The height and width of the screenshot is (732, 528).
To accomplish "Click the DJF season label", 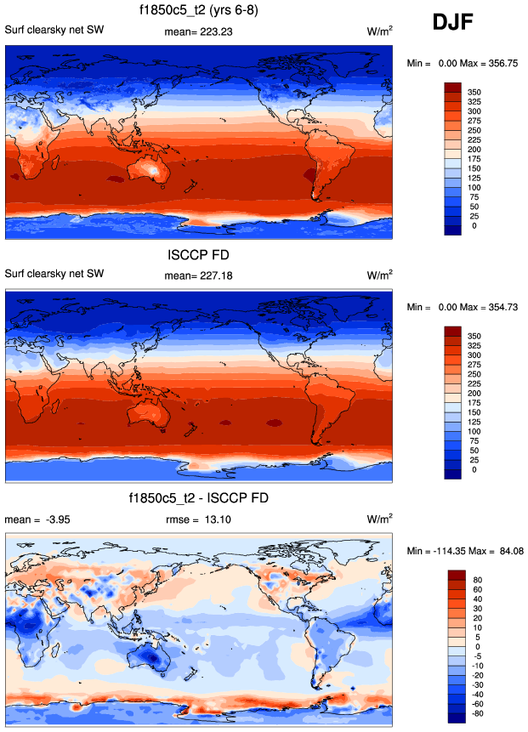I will click(458, 23).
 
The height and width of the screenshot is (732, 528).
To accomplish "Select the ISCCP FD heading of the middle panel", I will click(199, 254).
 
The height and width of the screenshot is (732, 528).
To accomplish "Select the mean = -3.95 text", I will click(35, 518).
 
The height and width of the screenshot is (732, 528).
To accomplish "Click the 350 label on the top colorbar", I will click(474, 88).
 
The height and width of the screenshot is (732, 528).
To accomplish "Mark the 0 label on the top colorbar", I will click(474, 226).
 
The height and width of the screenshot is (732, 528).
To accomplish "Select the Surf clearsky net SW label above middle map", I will click(54, 275).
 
